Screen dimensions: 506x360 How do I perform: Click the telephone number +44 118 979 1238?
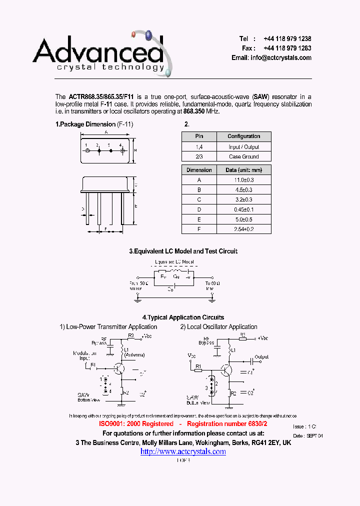point(287,39)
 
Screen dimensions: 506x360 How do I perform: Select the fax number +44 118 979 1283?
point(287,48)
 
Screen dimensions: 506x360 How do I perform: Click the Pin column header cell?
point(199,136)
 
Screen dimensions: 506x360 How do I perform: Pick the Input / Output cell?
point(244,147)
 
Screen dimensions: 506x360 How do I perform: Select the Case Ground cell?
point(244,156)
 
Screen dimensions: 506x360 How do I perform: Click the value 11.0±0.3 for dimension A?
point(244,180)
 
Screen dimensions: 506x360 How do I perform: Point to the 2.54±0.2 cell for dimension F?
point(244,229)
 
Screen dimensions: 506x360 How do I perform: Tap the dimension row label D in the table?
point(199,209)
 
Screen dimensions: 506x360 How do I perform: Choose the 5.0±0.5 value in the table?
point(244,219)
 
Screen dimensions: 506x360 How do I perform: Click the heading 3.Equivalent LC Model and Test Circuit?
point(183,251)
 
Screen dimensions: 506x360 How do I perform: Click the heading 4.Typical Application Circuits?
point(183,317)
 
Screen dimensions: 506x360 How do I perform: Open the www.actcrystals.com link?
point(183,451)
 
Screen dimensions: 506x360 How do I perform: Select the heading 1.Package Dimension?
point(85,124)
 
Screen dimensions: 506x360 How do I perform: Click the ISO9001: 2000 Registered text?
point(136,424)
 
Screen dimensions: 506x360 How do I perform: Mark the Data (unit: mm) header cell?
point(244,170)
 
